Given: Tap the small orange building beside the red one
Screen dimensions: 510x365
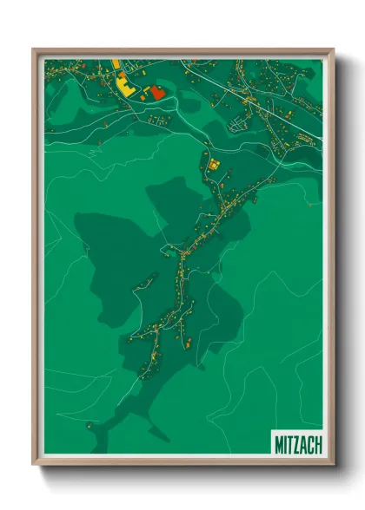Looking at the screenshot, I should tap(144, 92).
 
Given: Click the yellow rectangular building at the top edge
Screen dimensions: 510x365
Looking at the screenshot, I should tap(113, 63).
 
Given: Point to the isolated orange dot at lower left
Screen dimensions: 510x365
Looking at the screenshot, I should tap(88, 424).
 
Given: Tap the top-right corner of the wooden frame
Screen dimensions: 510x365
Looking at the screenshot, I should tap(333, 50).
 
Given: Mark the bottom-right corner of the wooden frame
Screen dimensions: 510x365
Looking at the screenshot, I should tap(333, 465).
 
